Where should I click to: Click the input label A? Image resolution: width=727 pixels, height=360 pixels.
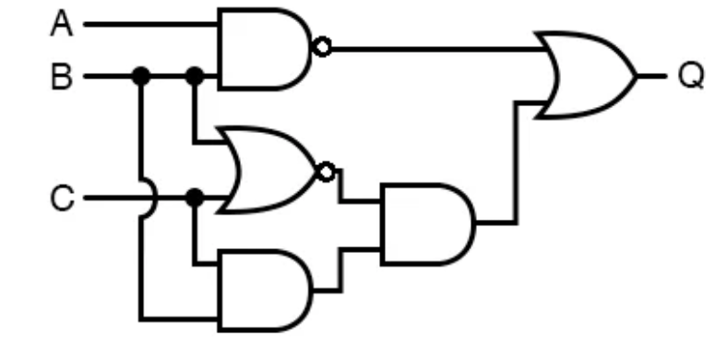(x=61, y=24)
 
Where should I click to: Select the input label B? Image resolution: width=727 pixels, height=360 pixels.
(x=61, y=76)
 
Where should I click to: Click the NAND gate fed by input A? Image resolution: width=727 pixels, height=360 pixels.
(x=264, y=49)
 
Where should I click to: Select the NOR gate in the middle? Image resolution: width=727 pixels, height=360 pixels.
(x=268, y=171)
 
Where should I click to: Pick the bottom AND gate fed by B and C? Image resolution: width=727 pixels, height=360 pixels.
(x=264, y=291)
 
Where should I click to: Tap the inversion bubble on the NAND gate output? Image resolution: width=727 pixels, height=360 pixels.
(x=321, y=47)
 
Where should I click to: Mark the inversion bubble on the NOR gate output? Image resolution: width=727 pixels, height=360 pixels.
(x=325, y=171)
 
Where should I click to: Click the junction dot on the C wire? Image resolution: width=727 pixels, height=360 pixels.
(x=194, y=198)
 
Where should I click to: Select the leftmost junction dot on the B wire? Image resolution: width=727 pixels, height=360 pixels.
(x=141, y=76)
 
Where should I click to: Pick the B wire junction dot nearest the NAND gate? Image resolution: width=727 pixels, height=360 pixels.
(x=194, y=76)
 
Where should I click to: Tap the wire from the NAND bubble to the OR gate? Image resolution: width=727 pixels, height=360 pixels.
(x=434, y=48)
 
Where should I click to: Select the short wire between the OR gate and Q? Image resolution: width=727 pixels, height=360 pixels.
(x=650, y=76)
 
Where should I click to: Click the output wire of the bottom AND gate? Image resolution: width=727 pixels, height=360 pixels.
(x=340, y=268)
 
